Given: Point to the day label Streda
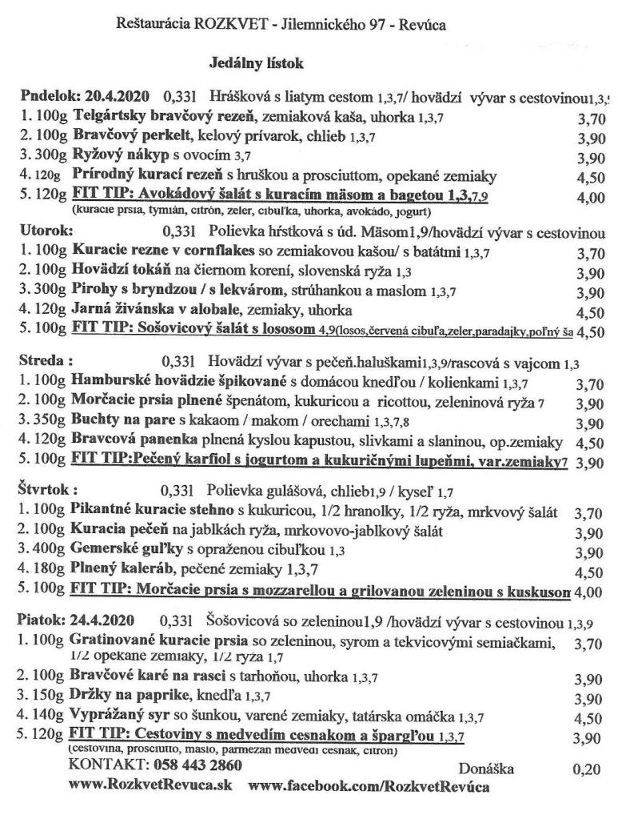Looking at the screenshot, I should pos(45,361).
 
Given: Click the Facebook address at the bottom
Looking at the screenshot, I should pos(370,786).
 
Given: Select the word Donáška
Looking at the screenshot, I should pos(487,769).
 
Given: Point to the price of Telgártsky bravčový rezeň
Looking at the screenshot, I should pos(589,120).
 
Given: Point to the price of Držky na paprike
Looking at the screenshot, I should pos(589,700).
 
